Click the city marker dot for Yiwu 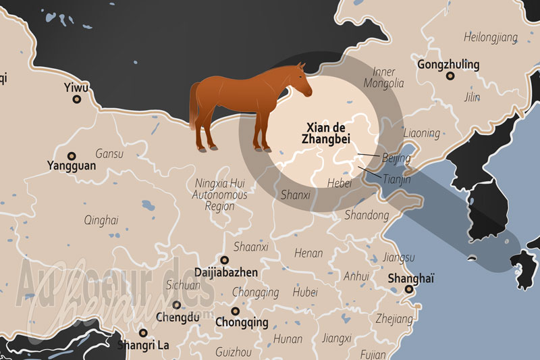(76, 99)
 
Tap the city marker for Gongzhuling (449, 77)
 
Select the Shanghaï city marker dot (408, 290)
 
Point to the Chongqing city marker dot (235, 311)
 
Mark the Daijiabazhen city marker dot (224, 260)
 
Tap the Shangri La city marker (142, 332)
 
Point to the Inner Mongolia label (383, 78)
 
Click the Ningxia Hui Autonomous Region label (219, 195)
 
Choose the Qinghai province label (101, 220)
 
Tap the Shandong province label (367, 215)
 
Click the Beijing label (396, 158)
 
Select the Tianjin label (396, 180)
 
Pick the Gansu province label (109, 154)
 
